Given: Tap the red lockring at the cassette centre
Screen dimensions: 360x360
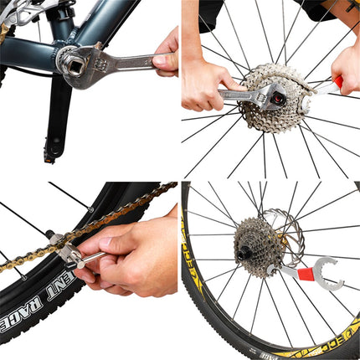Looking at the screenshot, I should [x=274, y=99].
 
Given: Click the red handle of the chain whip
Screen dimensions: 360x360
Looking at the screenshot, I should [x=333, y=85].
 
